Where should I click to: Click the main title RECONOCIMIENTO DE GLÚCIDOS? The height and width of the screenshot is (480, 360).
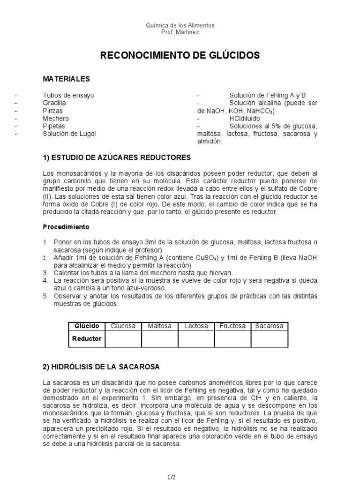tap(180, 56)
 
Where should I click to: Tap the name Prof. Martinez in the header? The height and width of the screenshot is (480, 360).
tap(180, 32)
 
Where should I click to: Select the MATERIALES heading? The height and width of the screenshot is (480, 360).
tap(66, 78)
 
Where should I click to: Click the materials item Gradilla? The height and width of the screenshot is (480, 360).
tap(54, 103)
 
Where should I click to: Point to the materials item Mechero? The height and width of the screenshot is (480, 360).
tap(54, 118)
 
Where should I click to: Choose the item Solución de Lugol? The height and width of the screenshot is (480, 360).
tap(69, 134)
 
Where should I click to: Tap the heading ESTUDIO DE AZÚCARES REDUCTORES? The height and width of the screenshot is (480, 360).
tap(117, 157)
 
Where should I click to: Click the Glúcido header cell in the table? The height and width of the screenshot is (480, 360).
tap(87, 326)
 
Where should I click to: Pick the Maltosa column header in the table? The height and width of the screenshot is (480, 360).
tap(160, 326)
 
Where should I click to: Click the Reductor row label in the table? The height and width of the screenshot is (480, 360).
tap(87, 338)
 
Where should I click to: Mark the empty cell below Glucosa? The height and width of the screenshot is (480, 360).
tap(123, 338)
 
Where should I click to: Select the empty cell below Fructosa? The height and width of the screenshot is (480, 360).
tap(233, 338)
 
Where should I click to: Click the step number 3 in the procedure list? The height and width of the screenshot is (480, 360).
tap(45, 273)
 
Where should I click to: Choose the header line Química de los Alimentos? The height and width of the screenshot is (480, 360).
tap(180, 25)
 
